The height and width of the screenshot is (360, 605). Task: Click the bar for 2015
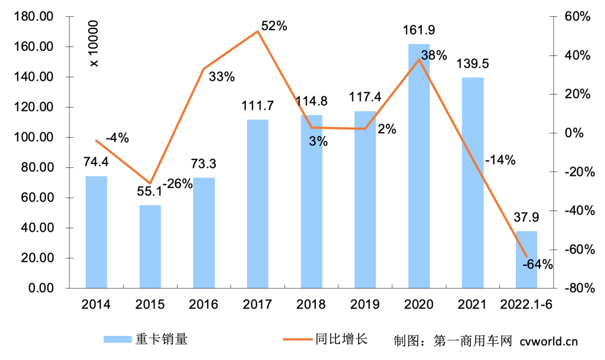150,246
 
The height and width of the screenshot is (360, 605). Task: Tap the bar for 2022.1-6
527,260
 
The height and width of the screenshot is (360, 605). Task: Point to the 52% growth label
274,26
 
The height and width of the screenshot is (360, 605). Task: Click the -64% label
538,264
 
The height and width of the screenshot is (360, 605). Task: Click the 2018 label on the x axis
311,305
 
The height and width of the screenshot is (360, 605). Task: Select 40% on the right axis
578,55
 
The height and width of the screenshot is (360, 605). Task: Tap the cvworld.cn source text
548,340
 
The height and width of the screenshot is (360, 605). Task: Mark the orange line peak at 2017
258,31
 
